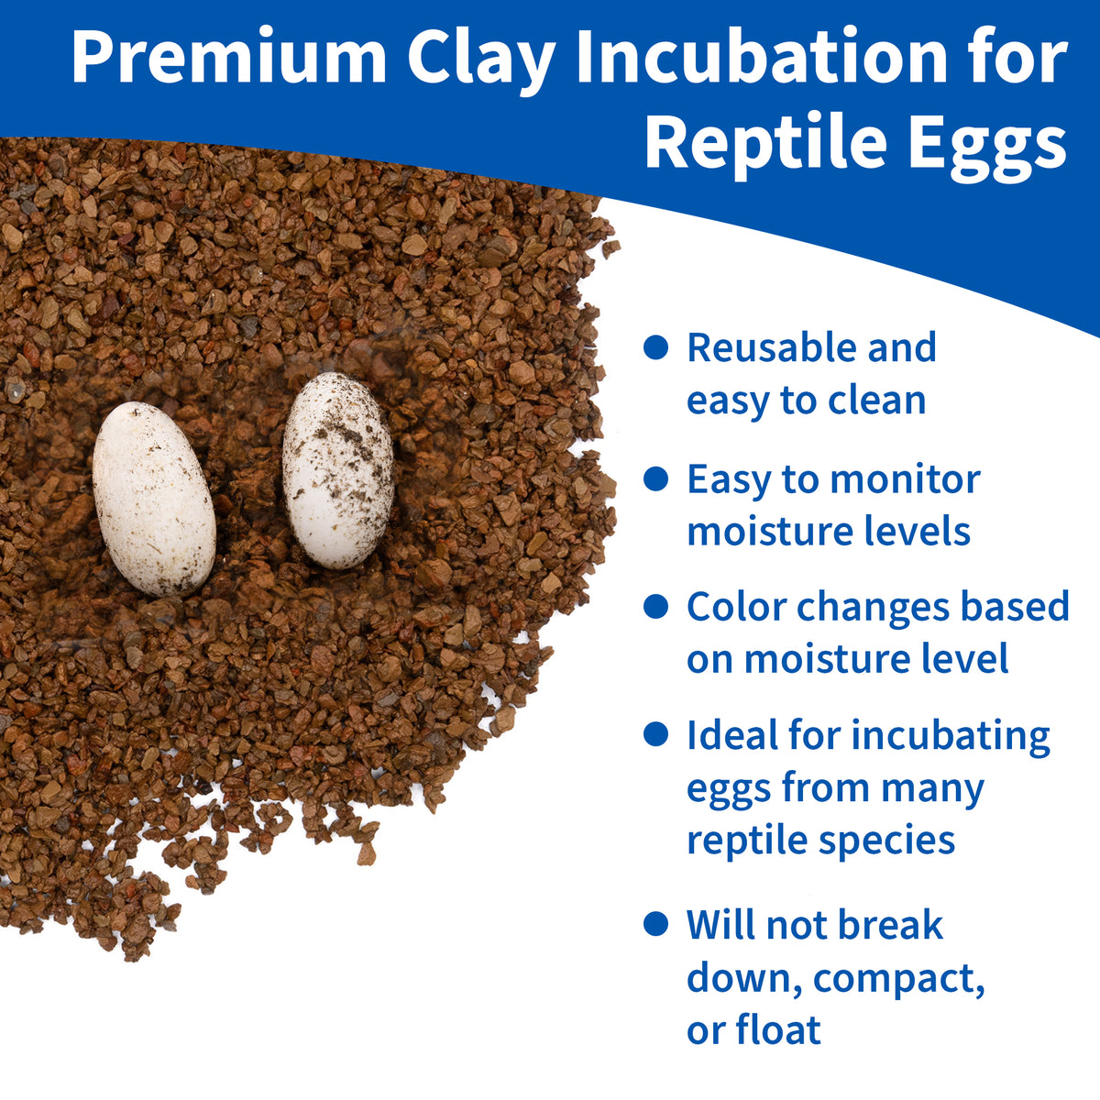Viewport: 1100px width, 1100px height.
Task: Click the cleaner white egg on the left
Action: [x=154, y=499]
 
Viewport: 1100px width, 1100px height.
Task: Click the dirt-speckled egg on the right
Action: [x=338, y=471]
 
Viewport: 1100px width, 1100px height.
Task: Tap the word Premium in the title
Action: [x=229, y=57]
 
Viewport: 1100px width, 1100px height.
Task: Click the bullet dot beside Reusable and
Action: [x=656, y=347]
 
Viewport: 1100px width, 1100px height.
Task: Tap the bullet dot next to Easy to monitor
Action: [x=656, y=478]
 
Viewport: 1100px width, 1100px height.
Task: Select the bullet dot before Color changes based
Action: [x=656, y=606]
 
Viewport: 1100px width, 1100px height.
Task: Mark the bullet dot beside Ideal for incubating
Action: [x=656, y=734]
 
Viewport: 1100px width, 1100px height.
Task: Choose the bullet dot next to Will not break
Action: [x=656, y=924]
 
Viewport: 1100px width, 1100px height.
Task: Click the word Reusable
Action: [x=772, y=347]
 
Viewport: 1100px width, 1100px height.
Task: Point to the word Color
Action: [x=736, y=606]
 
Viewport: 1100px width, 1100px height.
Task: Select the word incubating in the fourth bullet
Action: [x=951, y=738]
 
